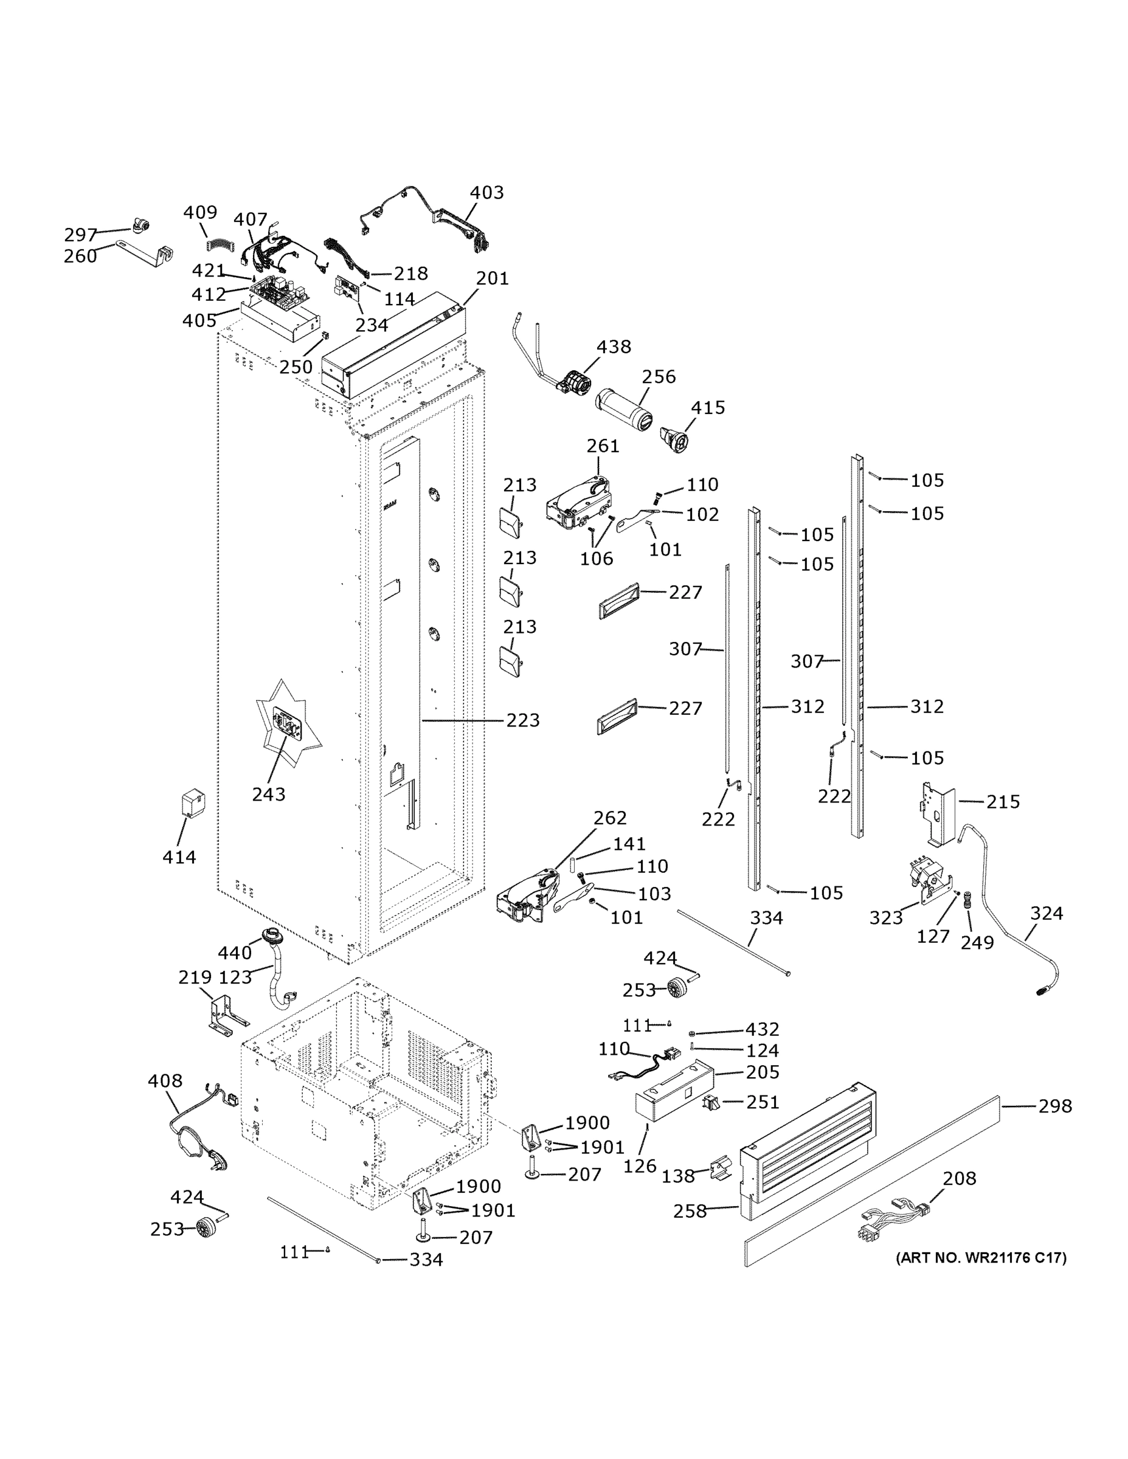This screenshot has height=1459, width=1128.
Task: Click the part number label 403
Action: (x=486, y=192)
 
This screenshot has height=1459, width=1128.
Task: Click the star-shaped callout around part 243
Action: (x=288, y=725)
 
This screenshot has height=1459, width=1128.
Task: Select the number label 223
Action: (x=522, y=720)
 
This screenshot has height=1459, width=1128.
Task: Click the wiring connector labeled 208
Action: (x=893, y=1221)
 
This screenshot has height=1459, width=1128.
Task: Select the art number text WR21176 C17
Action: (x=980, y=1258)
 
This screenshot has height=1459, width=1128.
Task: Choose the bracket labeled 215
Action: (x=939, y=812)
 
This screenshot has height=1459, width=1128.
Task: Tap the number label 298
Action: (x=1054, y=1106)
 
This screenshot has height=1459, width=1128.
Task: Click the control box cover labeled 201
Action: (x=394, y=351)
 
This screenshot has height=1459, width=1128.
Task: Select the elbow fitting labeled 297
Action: (x=140, y=227)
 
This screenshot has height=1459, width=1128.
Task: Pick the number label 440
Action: (x=235, y=953)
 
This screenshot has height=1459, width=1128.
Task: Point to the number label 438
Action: (x=614, y=347)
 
